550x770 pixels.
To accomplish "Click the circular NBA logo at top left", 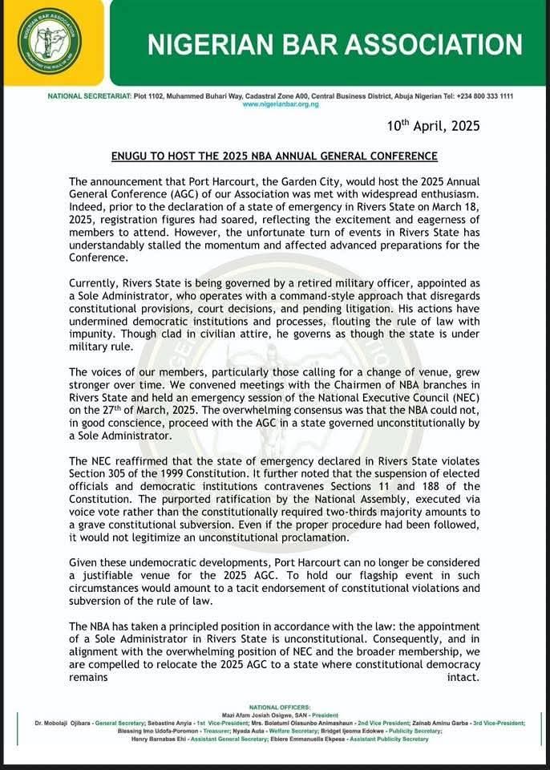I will tap(50, 41).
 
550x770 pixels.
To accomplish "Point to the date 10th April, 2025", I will tap(434, 126).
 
